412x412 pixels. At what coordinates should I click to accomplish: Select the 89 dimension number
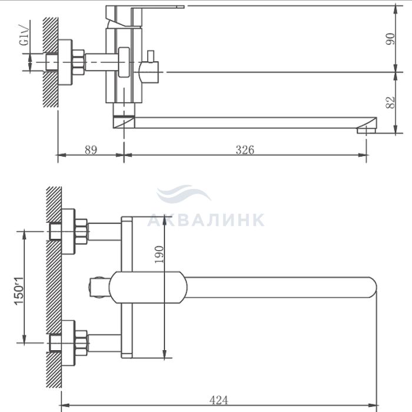(90, 149)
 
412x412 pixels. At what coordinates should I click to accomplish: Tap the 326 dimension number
(245, 149)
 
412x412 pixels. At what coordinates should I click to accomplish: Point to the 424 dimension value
(219, 400)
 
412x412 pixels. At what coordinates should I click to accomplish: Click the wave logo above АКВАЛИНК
(184, 194)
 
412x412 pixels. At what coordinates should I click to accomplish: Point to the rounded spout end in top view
(368, 287)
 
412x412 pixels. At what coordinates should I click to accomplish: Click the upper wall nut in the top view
(77, 231)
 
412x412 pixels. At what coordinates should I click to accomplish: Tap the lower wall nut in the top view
(77, 343)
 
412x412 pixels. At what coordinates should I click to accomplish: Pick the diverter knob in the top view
(98, 287)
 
